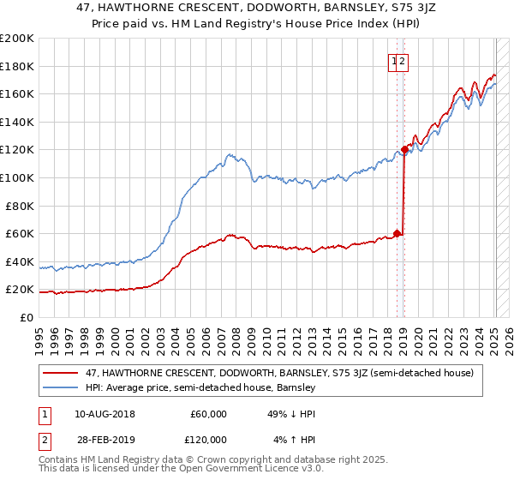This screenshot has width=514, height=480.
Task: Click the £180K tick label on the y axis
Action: coord(17,66)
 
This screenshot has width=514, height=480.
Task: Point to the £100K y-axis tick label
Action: coord(17,177)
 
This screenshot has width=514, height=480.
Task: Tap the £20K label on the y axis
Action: coord(21,290)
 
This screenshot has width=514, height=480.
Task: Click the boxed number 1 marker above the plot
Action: coord(395,61)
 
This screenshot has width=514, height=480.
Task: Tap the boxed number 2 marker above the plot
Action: coord(403,61)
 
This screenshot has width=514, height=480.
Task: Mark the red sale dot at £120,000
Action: coord(404,149)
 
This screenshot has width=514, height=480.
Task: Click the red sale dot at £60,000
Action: coord(397,232)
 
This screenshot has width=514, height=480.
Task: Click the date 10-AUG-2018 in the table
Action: coord(105,414)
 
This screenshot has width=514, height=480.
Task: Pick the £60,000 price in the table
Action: coord(208,414)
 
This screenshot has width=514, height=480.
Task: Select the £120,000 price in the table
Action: coord(206,440)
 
